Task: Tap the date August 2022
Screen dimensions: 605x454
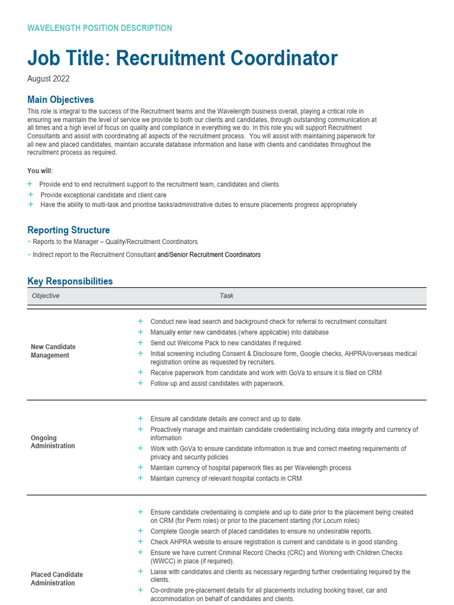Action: tap(48, 79)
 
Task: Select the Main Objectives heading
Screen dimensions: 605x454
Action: tap(60, 100)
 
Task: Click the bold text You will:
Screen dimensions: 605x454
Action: tap(40, 171)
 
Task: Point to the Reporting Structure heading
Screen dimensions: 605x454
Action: tap(69, 230)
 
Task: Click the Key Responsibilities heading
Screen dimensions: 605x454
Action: tap(70, 281)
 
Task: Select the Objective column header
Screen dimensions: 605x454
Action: tap(46, 295)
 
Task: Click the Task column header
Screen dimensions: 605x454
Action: tap(226, 295)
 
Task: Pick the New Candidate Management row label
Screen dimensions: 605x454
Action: tap(53, 351)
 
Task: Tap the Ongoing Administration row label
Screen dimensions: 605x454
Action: tap(53, 442)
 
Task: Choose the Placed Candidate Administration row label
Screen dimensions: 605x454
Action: tap(57, 578)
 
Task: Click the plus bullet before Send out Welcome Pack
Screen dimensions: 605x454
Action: tap(140, 343)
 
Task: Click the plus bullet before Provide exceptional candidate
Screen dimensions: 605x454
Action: tap(30, 194)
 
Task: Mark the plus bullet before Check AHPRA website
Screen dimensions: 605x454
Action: tap(140, 542)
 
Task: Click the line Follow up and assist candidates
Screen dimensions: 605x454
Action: tap(217, 383)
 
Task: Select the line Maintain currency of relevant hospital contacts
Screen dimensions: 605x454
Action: tap(226, 479)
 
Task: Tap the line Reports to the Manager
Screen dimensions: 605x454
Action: tap(115, 242)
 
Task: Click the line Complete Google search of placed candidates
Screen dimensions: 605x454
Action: tap(261, 531)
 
